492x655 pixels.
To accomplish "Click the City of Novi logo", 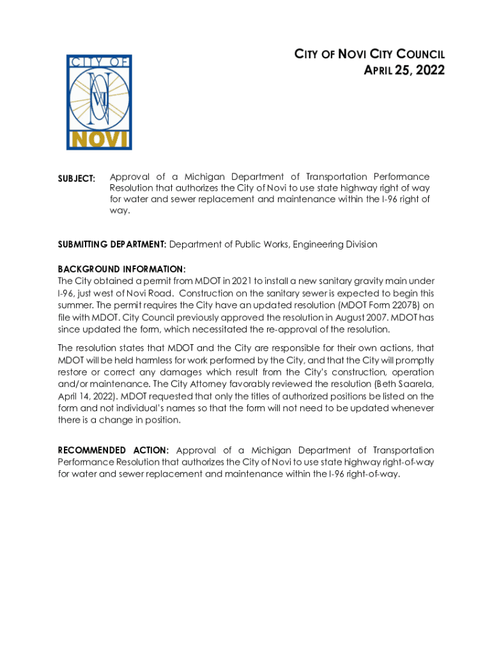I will (x=99, y=102).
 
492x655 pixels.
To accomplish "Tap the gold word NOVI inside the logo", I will (x=99, y=139).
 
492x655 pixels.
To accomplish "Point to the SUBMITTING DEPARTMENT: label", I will (x=112, y=244).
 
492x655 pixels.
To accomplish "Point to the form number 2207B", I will (x=400, y=306).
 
